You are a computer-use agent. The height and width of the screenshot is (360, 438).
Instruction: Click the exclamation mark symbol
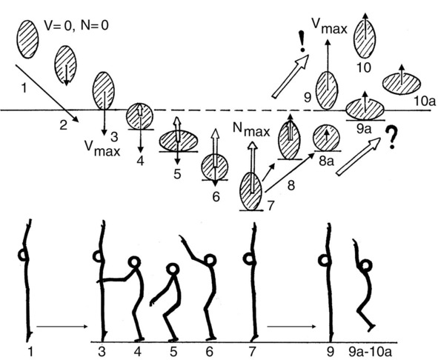tap(302, 41)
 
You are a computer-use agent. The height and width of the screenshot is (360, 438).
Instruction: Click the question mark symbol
tap(391, 138)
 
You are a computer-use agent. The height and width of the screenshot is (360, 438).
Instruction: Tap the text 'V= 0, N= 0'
tap(76, 26)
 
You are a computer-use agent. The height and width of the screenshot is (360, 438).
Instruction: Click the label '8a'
tap(326, 161)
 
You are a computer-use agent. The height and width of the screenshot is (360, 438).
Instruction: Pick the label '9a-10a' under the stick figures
tap(370, 352)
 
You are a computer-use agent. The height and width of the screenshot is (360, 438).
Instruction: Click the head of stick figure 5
tap(173, 269)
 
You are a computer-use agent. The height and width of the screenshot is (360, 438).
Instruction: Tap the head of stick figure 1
tap(24, 255)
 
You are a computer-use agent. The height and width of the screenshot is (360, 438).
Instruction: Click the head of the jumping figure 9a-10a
tap(366, 265)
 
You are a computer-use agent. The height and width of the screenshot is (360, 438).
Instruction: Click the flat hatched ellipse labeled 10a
tap(402, 84)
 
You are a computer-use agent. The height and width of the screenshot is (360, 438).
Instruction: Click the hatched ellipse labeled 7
tap(251, 192)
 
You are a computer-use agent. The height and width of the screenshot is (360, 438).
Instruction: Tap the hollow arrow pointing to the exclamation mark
tap(291, 76)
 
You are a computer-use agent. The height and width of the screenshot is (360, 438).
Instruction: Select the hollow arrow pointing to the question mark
tap(358, 157)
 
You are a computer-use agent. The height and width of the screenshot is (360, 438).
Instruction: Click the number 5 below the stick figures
tap(173, 352)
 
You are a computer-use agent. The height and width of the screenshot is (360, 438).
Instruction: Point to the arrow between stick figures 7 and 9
tap(291, 327)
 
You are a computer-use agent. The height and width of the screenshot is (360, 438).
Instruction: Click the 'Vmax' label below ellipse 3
tap(102, 148)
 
